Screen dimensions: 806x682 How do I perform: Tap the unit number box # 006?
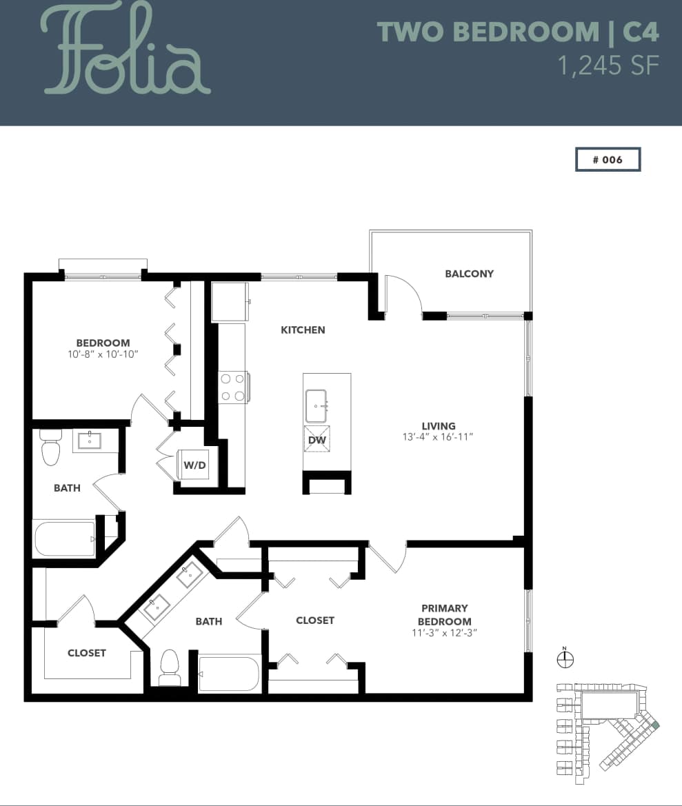tap(608, 159)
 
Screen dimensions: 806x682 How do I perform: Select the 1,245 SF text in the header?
tap(608, 66)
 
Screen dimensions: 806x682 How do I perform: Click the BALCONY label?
tap(469, 274)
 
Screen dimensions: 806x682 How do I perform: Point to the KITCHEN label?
tap(303, 330)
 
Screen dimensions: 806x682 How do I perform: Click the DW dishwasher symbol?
tap(317, 439)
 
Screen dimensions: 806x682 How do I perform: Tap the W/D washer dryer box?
tap(194, 465)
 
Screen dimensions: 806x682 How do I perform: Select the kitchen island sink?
tap(317, 406)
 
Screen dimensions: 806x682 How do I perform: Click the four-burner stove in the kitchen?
tap(233, 387)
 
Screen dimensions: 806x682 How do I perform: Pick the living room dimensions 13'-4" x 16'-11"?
tap(439, 437)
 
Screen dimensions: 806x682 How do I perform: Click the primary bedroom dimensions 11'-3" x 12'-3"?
tap(444, 632)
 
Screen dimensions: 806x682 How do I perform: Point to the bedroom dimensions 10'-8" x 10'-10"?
tap(103, 354)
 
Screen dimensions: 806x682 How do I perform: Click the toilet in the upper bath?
tap(51, 449)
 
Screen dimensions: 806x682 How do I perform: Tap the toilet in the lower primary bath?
tap(170, 667)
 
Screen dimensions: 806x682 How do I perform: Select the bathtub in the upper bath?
tap(64, 538)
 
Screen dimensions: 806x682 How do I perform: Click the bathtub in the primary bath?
tap(228, 674)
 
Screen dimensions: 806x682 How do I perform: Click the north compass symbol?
tap(565, 659)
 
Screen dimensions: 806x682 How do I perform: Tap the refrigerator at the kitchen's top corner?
tap(230, 301)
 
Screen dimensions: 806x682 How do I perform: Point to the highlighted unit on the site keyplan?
tap(655, 725)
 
